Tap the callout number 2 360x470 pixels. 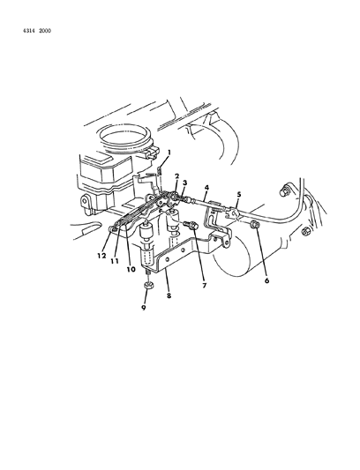[176, 176]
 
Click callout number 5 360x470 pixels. [238, 195]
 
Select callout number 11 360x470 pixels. [114, 262]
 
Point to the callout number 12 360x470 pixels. [101, 257]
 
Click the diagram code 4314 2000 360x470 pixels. [32, 30]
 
